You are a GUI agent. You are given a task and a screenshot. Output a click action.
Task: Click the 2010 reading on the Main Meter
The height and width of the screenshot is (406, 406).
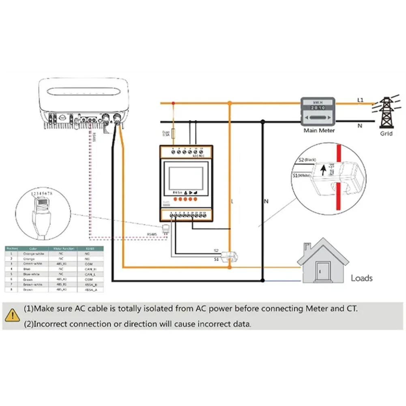(317, 108)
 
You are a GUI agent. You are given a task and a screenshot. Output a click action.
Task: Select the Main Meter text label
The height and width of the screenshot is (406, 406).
(320, 131)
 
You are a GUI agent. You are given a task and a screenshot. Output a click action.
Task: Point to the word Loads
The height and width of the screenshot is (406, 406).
(361, 278)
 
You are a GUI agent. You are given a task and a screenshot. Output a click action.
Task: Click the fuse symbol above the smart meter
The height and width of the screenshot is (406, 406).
(174, 133)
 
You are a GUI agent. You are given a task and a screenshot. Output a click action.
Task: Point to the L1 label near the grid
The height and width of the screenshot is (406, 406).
(360, 100)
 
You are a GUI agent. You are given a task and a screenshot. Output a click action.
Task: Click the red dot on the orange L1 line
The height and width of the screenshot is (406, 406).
(174, 103)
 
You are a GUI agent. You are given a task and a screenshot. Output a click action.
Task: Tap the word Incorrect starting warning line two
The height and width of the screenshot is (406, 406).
(51, 324)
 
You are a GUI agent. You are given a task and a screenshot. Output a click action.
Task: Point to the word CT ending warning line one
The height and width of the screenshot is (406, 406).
(352, 309)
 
